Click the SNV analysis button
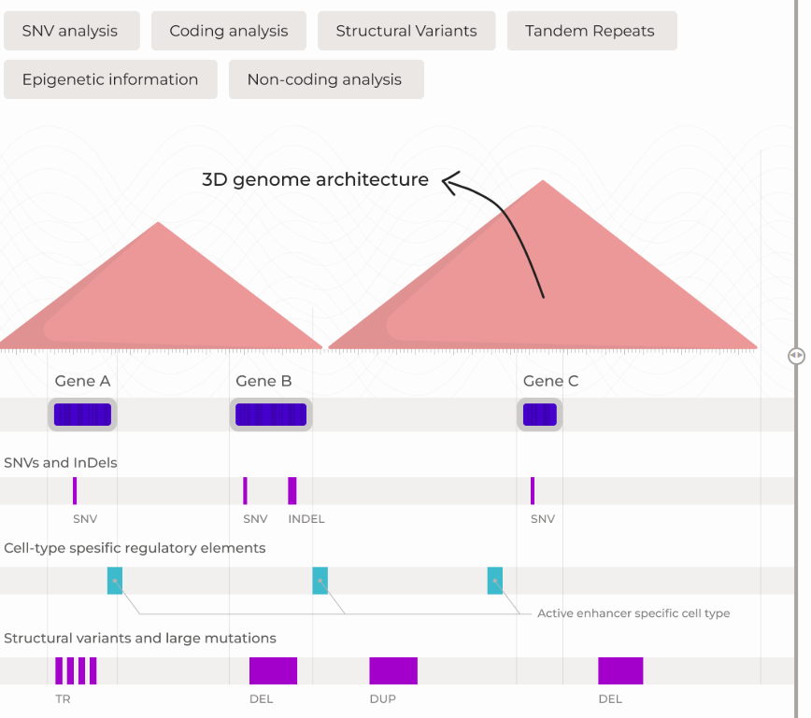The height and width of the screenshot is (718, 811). [71, 31]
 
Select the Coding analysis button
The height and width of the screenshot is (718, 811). [228, 31]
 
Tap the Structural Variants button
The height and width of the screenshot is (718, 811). [406, 31]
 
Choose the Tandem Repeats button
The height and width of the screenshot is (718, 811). [590, 31]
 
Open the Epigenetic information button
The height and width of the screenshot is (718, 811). [110, 79]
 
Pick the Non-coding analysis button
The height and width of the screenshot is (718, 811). [325, 79]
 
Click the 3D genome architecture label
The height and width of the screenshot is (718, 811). [315, 179]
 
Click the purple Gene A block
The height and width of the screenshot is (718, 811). [82, 415]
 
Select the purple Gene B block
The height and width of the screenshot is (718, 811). [271, 415]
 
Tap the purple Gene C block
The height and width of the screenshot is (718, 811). [540, 415]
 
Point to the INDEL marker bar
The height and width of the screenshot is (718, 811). [292, 490]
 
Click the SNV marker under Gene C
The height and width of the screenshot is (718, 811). [533, 490]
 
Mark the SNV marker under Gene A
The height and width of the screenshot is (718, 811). [75, 490]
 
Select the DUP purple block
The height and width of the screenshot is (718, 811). [393, 670]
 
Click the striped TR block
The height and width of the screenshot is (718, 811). [76, 670]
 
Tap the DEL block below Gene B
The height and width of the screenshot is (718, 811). [273, 670]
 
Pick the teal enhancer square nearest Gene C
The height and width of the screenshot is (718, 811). [495, 580]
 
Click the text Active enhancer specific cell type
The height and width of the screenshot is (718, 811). [633, 613]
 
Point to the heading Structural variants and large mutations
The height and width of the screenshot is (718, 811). [140, 639]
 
